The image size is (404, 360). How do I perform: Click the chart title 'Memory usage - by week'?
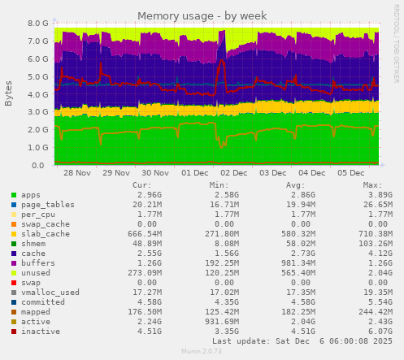coord(201,15)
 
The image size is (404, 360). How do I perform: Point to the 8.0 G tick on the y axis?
coord(37,24)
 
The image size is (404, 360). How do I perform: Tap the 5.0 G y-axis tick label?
coord(37,77)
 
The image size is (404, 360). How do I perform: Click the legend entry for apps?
coord(31,195)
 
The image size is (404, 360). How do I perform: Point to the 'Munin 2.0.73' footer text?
coord(201,351)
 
